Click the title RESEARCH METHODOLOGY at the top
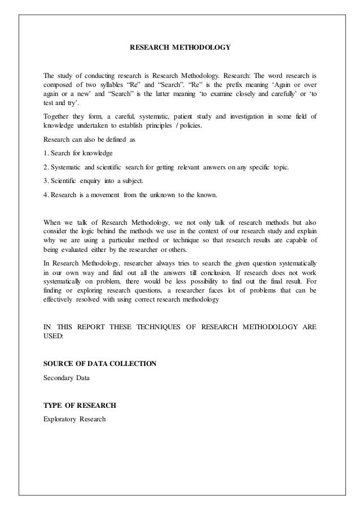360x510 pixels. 180,48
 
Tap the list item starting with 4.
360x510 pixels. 129,195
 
